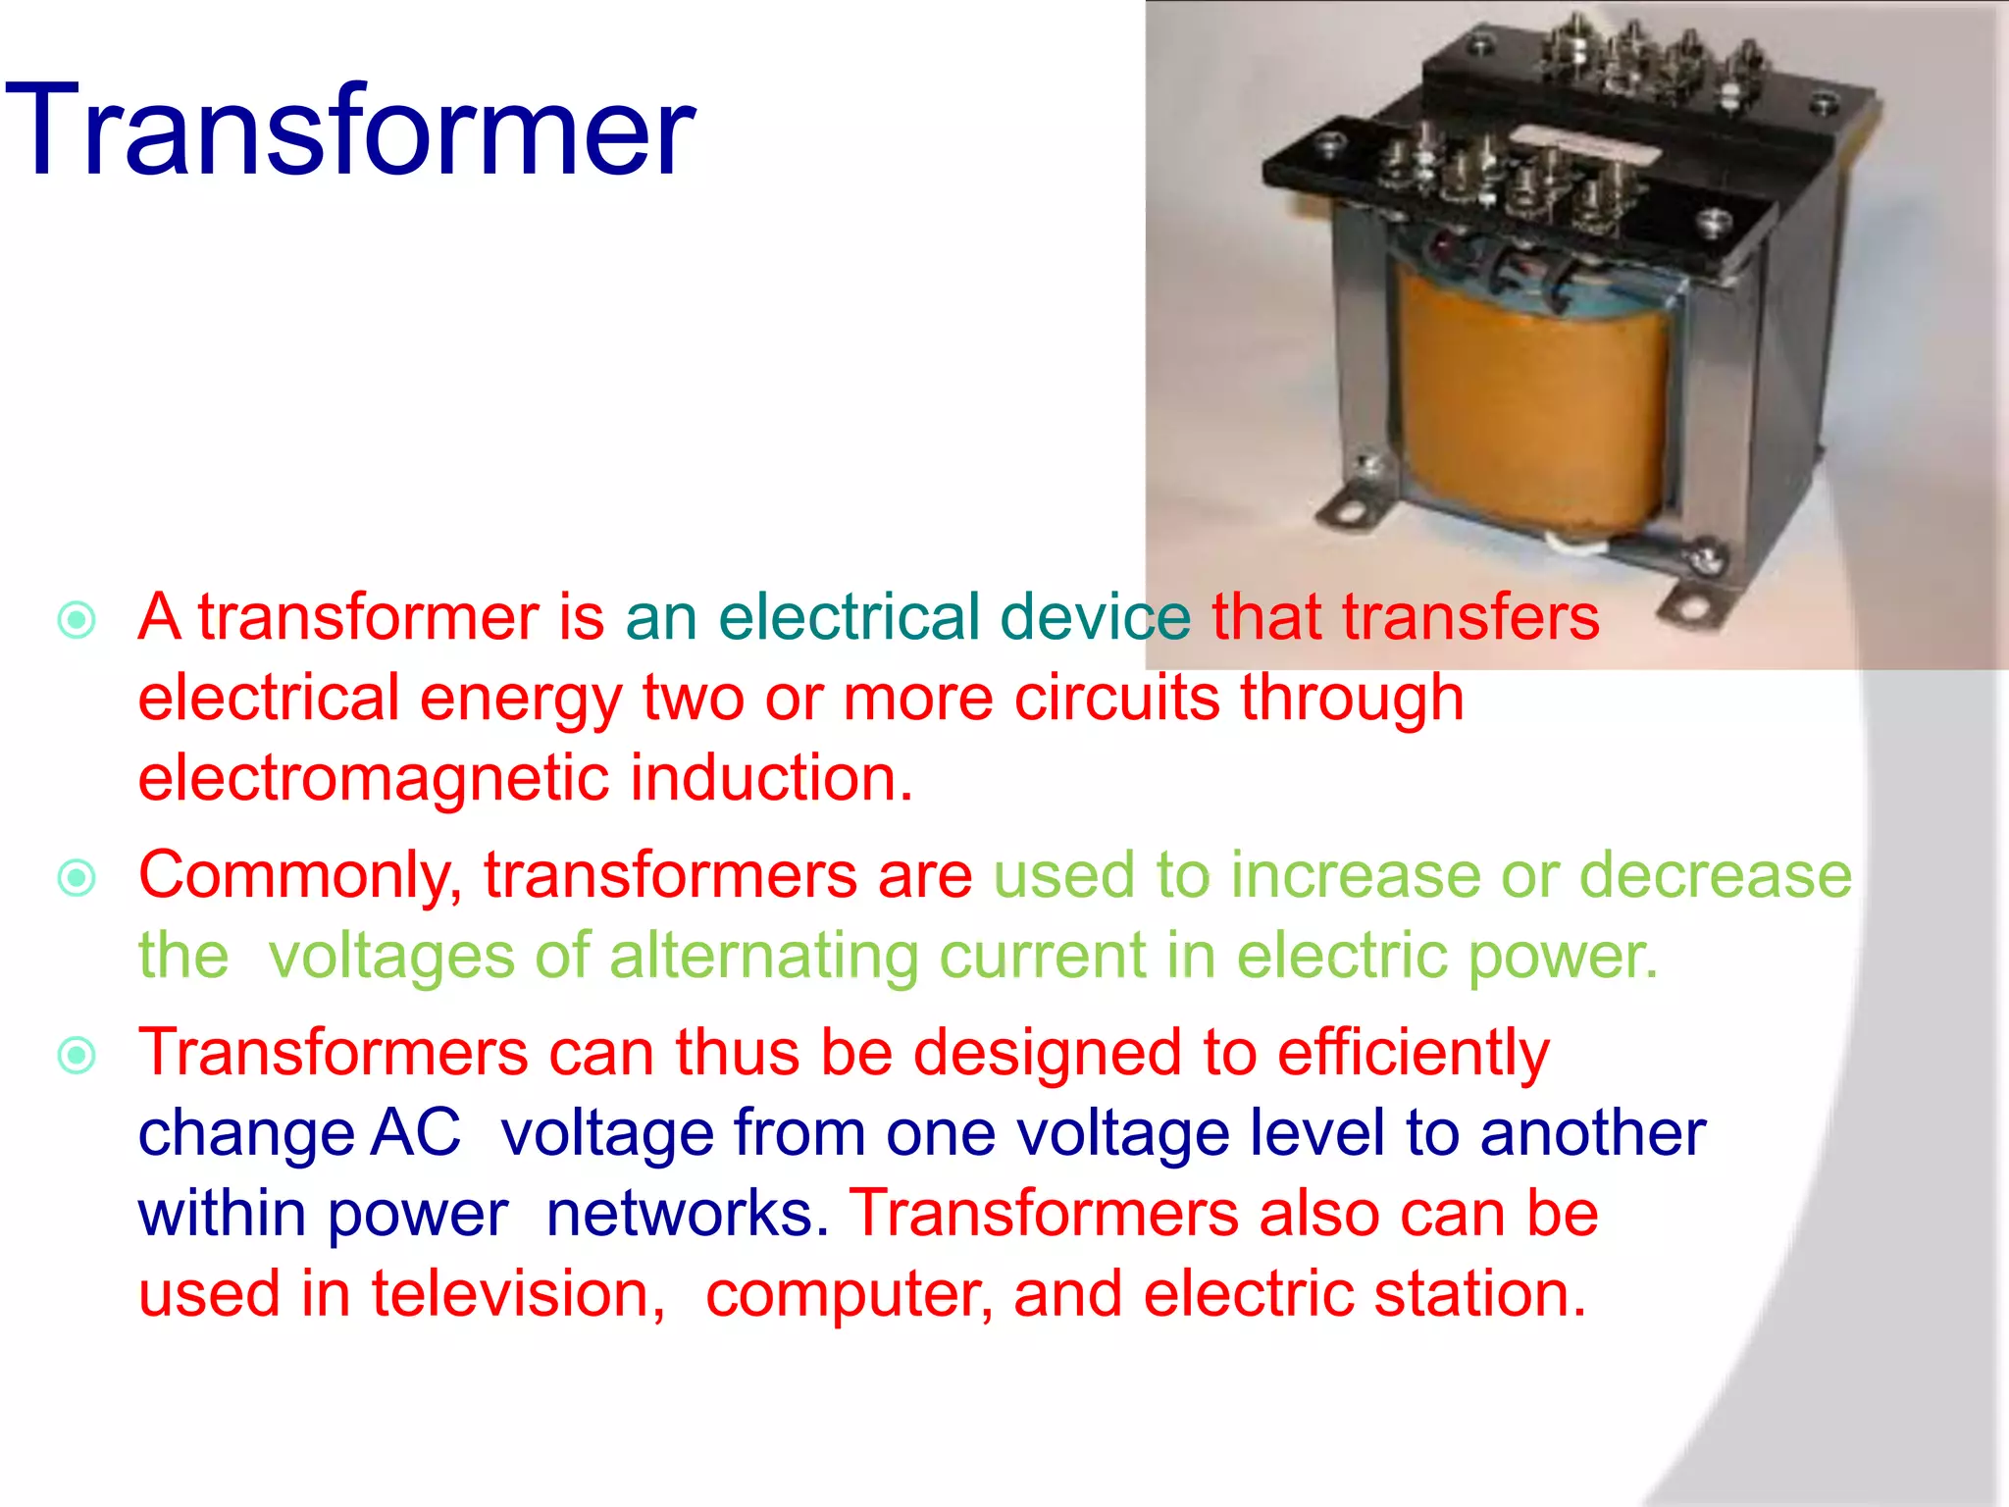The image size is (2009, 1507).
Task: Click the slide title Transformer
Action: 349,130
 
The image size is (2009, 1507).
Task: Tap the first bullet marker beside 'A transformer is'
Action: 77,620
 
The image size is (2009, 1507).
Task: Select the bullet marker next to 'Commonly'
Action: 77,878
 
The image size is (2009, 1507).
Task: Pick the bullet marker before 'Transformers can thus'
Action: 77,1056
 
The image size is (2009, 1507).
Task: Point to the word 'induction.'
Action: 771,778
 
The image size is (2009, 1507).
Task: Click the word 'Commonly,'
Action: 300,875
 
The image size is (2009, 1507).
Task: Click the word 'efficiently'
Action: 1414,1054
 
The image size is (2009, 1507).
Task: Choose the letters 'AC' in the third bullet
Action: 416,1133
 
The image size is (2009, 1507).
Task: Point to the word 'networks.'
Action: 687,1214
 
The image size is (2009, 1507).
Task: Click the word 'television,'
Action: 518,1294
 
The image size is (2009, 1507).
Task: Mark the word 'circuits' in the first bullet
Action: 1115,699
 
